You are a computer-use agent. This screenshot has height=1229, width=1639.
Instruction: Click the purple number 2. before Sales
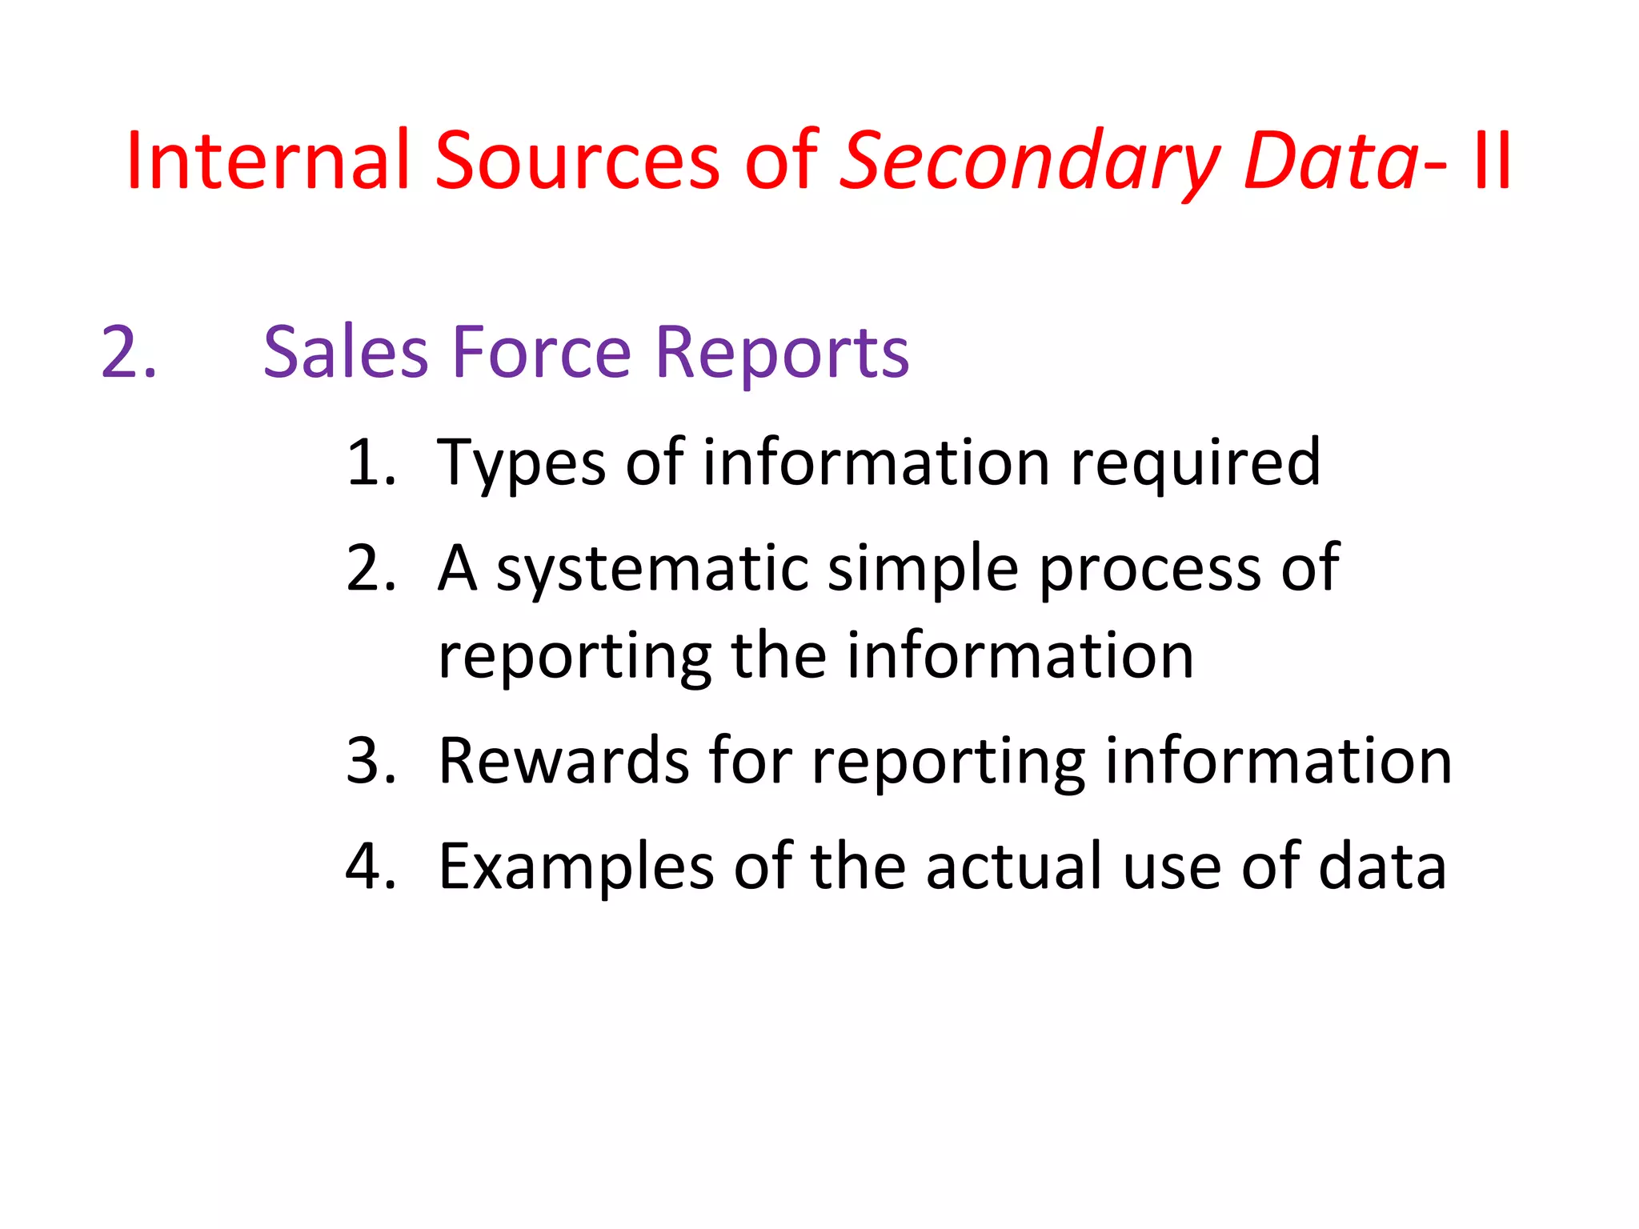coord(128,352)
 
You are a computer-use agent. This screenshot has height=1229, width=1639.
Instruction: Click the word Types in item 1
coord(521,464)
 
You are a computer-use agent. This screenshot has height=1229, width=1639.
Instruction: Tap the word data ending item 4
coord(1382,866)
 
